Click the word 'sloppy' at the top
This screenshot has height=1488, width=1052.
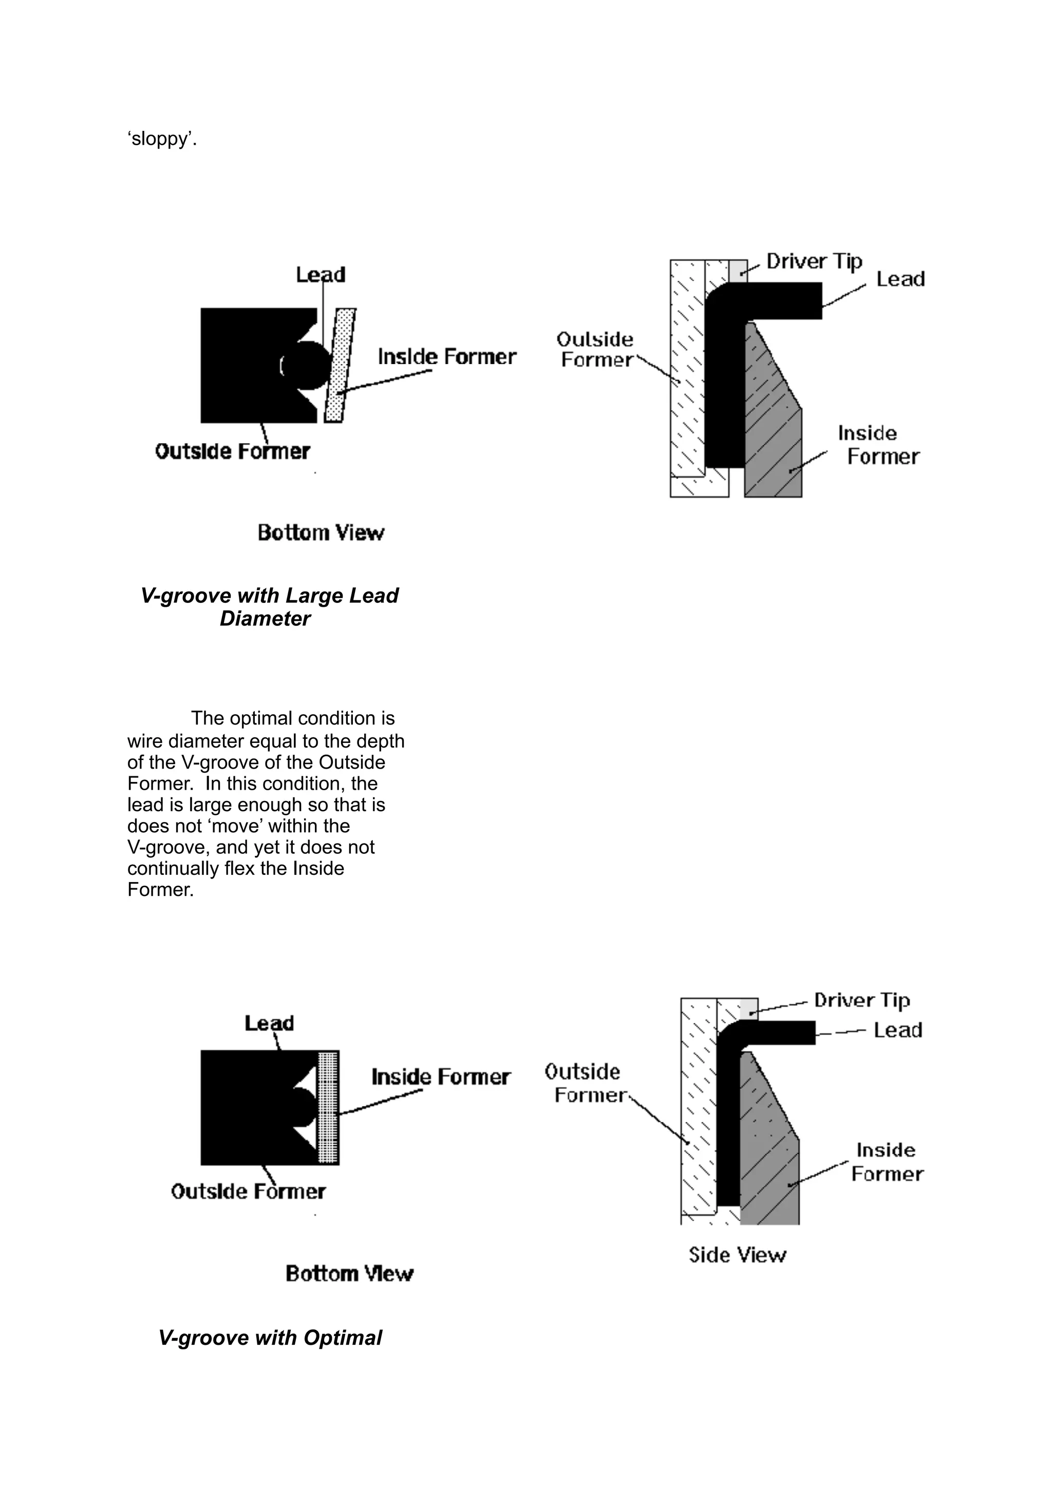click(161, 139)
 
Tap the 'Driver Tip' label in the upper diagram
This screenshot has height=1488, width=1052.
click(814, 261)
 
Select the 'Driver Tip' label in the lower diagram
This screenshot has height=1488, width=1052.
click(862, 1001)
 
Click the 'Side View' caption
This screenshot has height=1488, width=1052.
click(737, 1255)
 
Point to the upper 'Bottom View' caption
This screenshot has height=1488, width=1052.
click(321, 533)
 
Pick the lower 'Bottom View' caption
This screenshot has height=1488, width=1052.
click(349, 1273)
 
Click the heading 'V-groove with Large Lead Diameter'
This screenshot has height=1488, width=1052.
click(269, 606)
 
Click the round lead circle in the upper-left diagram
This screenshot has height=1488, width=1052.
click(306, 366)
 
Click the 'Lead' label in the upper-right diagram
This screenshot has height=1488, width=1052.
click(900, 279)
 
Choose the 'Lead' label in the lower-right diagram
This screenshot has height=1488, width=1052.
click(898, 1030)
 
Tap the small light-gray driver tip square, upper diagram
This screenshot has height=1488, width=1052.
click(738, 271)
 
